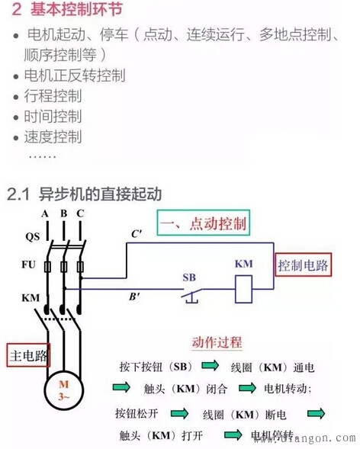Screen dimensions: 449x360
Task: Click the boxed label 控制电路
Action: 303,265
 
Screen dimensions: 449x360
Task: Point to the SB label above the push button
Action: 189,277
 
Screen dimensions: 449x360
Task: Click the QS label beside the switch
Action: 33,236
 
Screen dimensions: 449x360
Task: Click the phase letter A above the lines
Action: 46,213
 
